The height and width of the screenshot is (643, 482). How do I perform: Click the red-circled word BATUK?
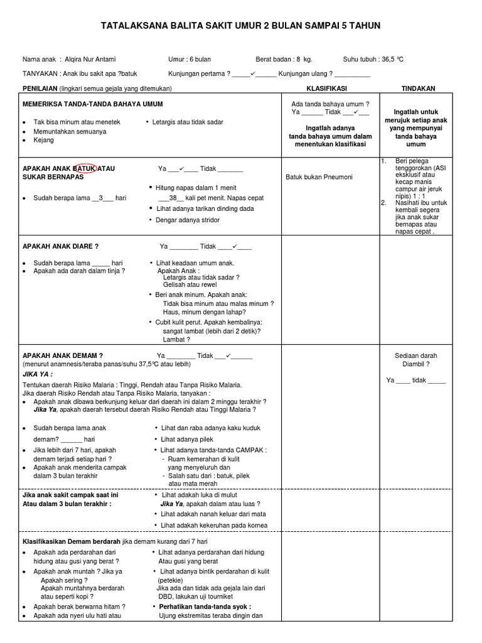(x=85, y=169)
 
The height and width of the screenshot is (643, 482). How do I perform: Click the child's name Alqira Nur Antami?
(x=95, y=59)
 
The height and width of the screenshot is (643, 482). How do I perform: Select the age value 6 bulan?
(x=198, y=59)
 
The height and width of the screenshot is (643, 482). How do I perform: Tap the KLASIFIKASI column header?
(x=326, y=89)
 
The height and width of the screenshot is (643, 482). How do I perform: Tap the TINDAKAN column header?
(x=419, y=89)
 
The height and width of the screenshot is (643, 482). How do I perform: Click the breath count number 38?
(x=173, y=198)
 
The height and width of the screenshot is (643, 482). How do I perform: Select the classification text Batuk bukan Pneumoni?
(x=319, y=177)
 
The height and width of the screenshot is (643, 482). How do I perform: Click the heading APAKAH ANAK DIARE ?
(x=61, y=247)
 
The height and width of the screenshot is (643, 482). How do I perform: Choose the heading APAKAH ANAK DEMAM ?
(x=63, y=355)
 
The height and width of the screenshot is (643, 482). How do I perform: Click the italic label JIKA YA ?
(x=38, y=373)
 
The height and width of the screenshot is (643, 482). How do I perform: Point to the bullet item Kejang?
(x=43, y=140)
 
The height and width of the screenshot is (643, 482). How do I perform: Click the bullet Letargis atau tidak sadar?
(x=188, y=122)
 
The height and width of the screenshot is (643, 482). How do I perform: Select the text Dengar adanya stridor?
(x=187, y=220)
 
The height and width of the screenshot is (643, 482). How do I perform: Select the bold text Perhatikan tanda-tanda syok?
(x=205, y=607)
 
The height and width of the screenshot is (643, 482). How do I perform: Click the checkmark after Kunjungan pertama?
(x=252, y=73)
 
